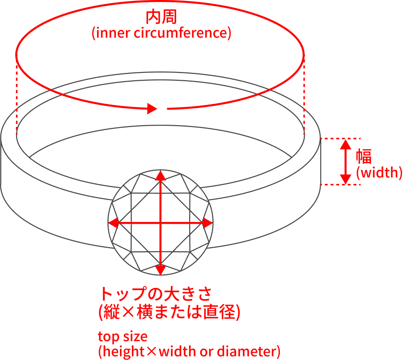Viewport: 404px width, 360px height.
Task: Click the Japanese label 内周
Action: pyautogui.click(x=161, y=17)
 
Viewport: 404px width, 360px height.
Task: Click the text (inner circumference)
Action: pyautogui.click(x=161, y=33)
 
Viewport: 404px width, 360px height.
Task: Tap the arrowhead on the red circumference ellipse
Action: pyautogui.click(x=152, y=108)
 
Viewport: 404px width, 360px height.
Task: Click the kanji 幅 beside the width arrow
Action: pyautogui.click(x=364, y=156)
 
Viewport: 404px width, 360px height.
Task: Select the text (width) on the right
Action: pyautogui.click(x=379, y=172)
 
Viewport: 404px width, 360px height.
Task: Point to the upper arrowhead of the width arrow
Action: pyautogui.click(x=345, y=144)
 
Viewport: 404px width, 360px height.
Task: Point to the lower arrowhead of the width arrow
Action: pyautogui.click(x=345, y=179)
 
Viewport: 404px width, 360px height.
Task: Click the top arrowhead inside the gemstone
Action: pyautogui.click(x=160, y=175)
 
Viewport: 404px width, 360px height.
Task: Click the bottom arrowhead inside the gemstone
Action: pyautogui.click(x=160, y=270)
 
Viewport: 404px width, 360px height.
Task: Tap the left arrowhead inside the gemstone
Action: pyautogui.click(x=114, y=223)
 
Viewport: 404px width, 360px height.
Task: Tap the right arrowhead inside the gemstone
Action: pyautogui.click(x=207, y=223)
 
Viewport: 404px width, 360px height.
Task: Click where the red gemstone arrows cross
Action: pyautogui.click(x=160, y=223)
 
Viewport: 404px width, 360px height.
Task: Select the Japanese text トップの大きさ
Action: pyautogui.click(x=156, y=294)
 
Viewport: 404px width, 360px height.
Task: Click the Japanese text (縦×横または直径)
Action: pyautogui.click(x=169, y=312)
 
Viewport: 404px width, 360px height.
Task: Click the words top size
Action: pyautogui.click(x=123, y=337)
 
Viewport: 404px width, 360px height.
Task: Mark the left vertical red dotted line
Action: pyautogui.click(x=17, y=95)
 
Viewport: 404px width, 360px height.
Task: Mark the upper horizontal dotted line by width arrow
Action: pyautogui.click(x=340, y=138)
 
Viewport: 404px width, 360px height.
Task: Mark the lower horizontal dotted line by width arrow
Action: pyautogui.click(x=340, y=185)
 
